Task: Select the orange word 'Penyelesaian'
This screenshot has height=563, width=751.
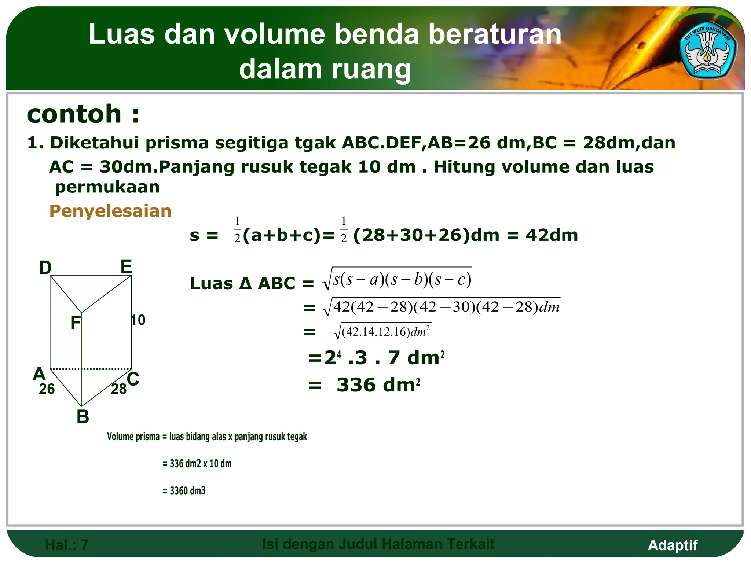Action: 110,211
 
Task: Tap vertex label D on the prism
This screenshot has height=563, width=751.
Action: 45,268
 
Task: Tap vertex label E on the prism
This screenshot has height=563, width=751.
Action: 126,266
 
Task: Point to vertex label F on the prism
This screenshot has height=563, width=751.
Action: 75,323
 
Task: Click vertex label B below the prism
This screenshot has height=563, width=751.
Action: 83,417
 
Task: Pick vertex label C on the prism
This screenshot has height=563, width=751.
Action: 133,379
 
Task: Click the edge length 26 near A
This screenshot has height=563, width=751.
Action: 47,389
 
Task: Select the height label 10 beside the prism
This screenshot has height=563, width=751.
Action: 139,320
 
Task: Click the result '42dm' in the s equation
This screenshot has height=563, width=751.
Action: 552,235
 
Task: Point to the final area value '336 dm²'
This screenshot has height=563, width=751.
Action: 378,385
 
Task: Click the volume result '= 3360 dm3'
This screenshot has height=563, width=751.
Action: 184,490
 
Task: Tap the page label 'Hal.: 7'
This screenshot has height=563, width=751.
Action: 67,545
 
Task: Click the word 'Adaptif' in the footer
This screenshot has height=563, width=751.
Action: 673,545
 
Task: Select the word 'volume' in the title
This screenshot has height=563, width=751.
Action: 274,34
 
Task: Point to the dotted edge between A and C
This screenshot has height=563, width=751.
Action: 91,369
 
